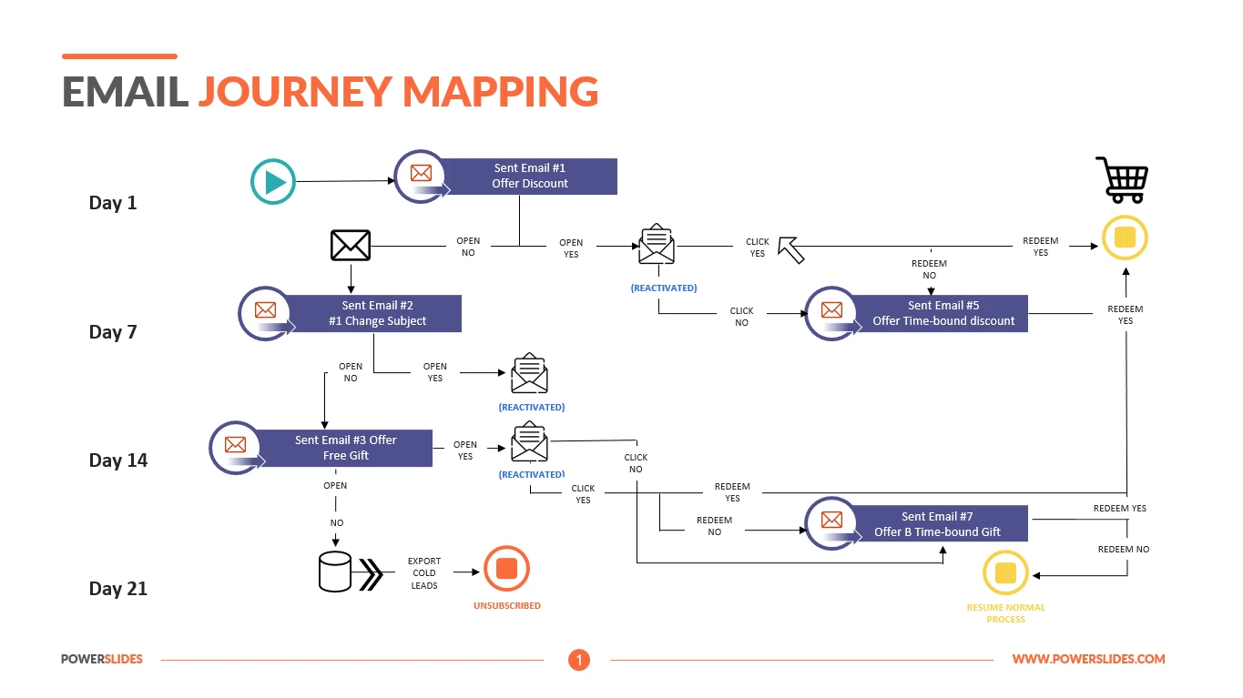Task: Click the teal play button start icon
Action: coord(273,182)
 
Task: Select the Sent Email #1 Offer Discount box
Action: coord(529,176)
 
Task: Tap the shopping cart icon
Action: coord(1122,179)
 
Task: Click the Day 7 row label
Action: coord(113,332)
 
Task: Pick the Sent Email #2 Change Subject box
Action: coord(377,313)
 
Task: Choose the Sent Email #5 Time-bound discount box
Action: coord(942,313)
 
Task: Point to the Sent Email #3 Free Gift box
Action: coord(345,448)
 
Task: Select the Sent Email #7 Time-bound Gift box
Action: coord(937,524)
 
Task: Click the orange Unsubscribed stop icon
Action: coord(506,570)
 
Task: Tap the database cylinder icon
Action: coord(335,572)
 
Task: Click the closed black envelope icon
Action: coord(350,245)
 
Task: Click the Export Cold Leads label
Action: coord(424,573)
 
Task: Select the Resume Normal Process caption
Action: coord(1005,613)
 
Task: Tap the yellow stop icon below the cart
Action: coord(1125,238)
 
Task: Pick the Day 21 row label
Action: coord(118,589)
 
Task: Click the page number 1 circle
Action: coord(579,660)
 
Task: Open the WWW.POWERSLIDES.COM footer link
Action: coord(1088,659)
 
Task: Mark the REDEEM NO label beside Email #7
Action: coord(1123,550)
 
